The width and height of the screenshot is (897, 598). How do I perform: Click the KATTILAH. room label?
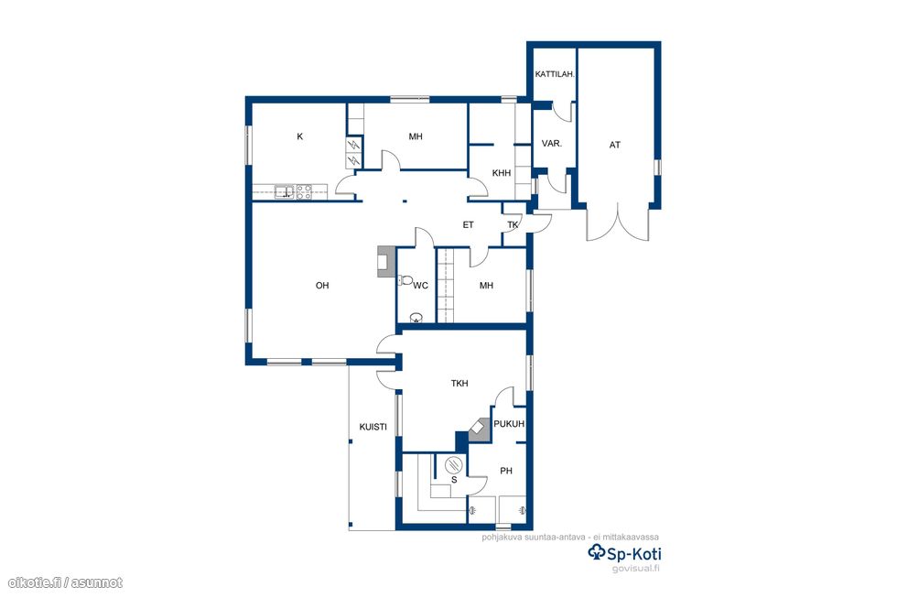pos(555,74)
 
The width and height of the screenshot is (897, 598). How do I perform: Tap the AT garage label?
pos(615,146)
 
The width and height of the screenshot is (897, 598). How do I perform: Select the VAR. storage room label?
pos(551,144)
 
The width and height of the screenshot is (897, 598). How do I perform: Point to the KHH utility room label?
pos(502,173)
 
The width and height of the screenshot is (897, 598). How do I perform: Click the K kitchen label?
pos(300,136)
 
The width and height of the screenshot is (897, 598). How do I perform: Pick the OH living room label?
pos(322,286)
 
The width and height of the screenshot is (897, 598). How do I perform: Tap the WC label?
pos(420,286)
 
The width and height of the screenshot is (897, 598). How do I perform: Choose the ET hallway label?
pos(468,225)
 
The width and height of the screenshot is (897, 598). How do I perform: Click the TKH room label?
pos(459,384)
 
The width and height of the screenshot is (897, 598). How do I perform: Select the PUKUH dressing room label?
pos(509,424)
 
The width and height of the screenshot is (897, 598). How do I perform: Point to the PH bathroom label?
pos(506,471)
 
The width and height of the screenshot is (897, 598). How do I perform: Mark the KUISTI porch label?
pos(373,427)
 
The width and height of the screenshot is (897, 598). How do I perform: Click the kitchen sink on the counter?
pos(285,191)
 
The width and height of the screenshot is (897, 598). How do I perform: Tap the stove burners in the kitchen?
pos(304,191)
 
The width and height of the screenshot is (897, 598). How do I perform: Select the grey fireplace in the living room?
pos(386,262)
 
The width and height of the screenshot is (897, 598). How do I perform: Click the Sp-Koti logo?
pos(624,553)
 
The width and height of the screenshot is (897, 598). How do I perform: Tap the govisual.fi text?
pos(635,569)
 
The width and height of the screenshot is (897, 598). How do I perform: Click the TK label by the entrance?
pos(513,225)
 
